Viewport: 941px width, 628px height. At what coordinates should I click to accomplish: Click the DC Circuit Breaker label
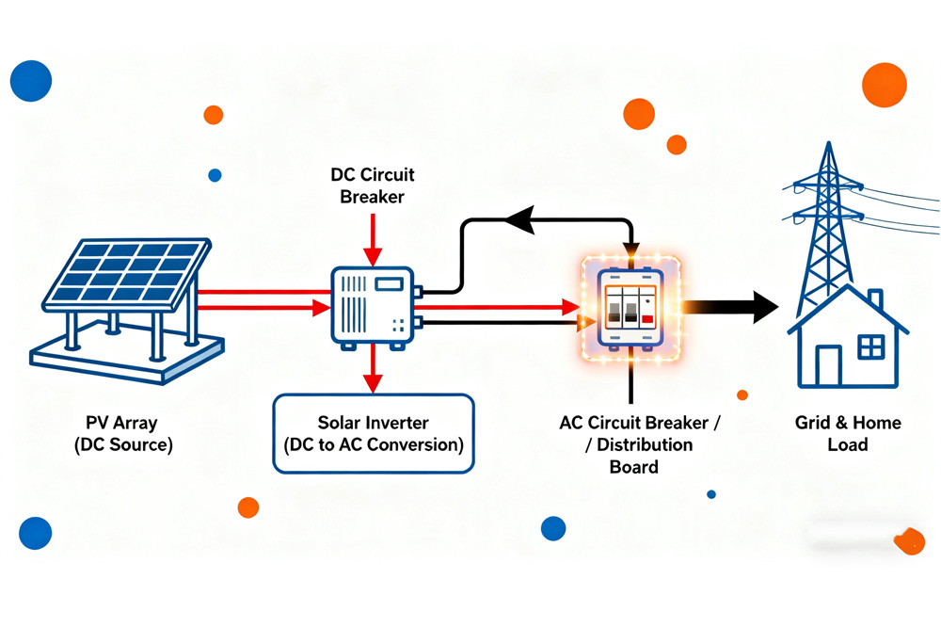click(372, 185)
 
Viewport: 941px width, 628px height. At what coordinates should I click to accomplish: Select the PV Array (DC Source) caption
click(123, 434)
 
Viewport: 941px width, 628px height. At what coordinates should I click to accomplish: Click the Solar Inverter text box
click(374, 433)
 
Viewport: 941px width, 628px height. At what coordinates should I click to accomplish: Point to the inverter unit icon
click(372, 307)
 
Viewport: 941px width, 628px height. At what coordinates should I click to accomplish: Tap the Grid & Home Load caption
click(848, 433)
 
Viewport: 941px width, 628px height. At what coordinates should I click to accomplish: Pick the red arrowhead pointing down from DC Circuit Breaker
click(373, 257)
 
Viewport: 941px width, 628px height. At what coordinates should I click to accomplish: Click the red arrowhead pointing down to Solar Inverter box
click(373, 381)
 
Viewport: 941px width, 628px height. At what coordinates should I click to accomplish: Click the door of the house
click(828, 366)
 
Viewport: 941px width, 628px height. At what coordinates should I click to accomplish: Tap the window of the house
click(871, 347)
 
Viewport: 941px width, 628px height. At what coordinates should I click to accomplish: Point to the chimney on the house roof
click(875, 299)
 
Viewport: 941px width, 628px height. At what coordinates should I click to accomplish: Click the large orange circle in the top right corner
click(884, 85)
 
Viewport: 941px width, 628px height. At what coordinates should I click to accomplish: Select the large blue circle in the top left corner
click(31, 81)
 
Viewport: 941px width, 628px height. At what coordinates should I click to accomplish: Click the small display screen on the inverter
click(389, 283)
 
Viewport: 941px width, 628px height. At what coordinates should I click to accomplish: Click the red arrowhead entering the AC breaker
click(570, 307)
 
